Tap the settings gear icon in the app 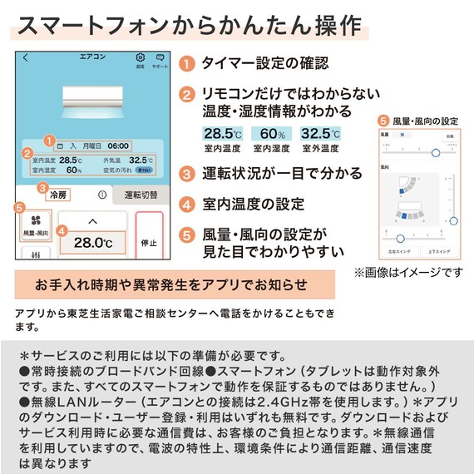coord(140,59)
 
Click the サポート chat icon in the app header coord(160,59)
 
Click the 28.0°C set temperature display coord(92,244)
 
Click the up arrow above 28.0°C coord(92,220)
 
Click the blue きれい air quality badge coord(144,170)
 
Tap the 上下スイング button coord(438,249)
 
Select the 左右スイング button coord(397,249)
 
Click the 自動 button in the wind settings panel coord(449,135)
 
